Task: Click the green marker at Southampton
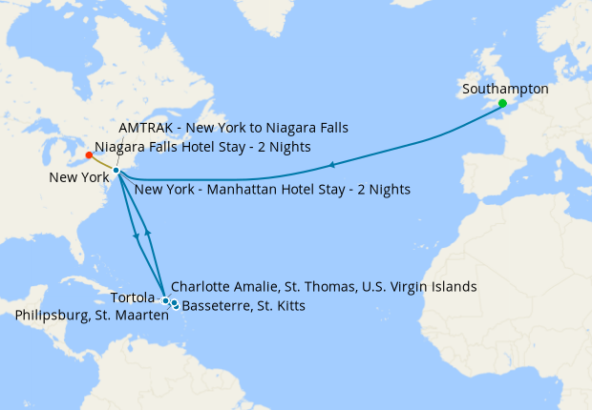click(x=502, y=103)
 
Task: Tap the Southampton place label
click(x=505, y=89)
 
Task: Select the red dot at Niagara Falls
click(x=89, y=154)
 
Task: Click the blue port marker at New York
click(x=116, y=171)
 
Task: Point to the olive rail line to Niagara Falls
click(x=102, y=163)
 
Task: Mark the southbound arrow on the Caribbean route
click(x=137, y=240)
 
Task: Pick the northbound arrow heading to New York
click(x=147, y=234)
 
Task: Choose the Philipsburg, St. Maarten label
click(x=93, y=316)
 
